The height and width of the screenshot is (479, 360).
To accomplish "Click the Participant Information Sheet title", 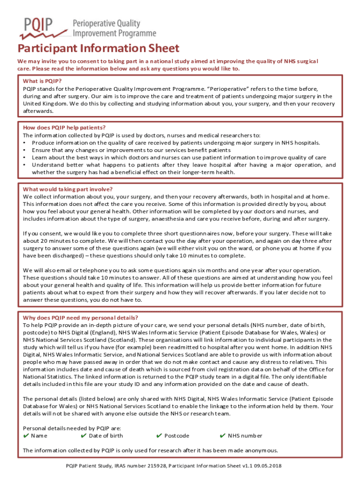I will [x=98, y=49].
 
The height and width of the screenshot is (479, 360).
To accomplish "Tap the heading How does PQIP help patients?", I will [x=64, y=128].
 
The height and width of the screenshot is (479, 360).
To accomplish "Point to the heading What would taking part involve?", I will [x=68, y=189].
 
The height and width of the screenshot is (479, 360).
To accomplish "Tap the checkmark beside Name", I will [x=26, y=436].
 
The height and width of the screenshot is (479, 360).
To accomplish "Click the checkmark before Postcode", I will [x=159, y=436].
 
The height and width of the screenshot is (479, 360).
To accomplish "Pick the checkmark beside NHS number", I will [x=223, y=436].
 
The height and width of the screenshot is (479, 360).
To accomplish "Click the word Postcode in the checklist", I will [x=177, y=436].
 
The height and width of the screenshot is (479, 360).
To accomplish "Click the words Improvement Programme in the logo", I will [x=114, y=34].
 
